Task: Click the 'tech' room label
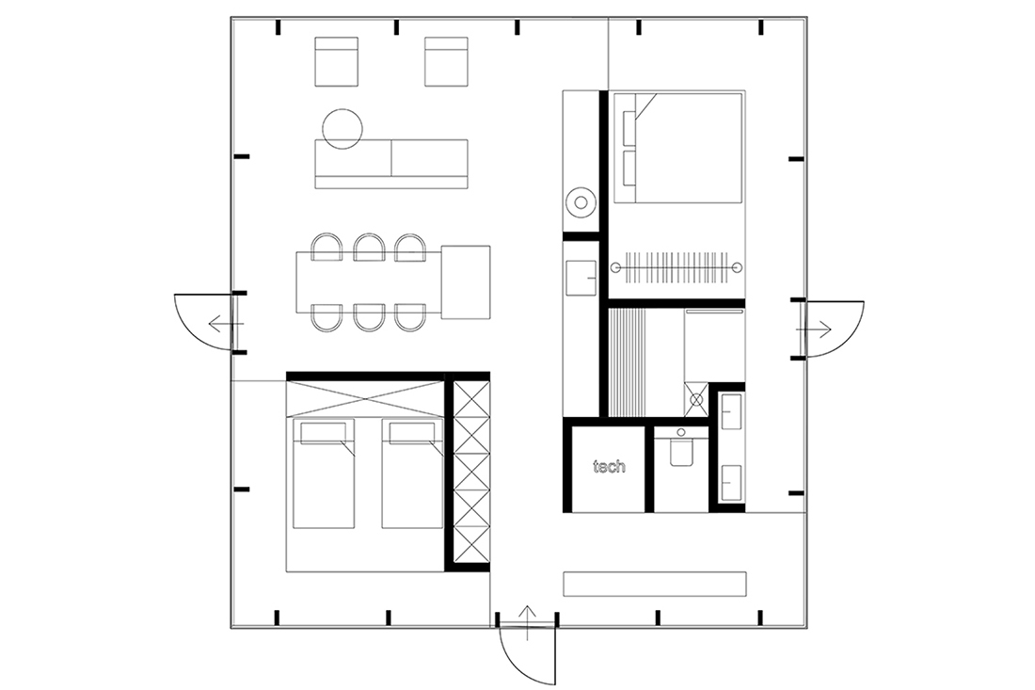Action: (x=609, y=467)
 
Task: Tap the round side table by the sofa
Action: (x=342, y=129)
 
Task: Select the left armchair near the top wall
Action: (x=337, y=61)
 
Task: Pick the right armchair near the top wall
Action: (x=446, y=61)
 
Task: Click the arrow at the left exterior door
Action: (x=226, y=324)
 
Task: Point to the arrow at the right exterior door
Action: (x=814, y=329)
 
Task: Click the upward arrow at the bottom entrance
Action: (x=527, y=622)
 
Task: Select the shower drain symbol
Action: (x=696, y=399)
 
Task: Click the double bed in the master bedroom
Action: (x=677, y=147)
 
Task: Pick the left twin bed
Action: (x=324, y=473)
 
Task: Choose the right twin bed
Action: (x=412, y=473)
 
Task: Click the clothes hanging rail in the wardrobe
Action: (x=678, y=267)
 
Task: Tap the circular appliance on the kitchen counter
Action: (x=581, y=202)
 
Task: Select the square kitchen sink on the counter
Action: (x=581, y=278)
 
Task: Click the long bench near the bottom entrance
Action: (x=655, y=584)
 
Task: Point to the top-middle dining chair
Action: (x=369, y=248)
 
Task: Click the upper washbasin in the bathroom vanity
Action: (x=731, y=411)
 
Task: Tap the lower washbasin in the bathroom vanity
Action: (x=731, y=483)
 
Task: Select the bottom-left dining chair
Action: (x=326, y=317)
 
